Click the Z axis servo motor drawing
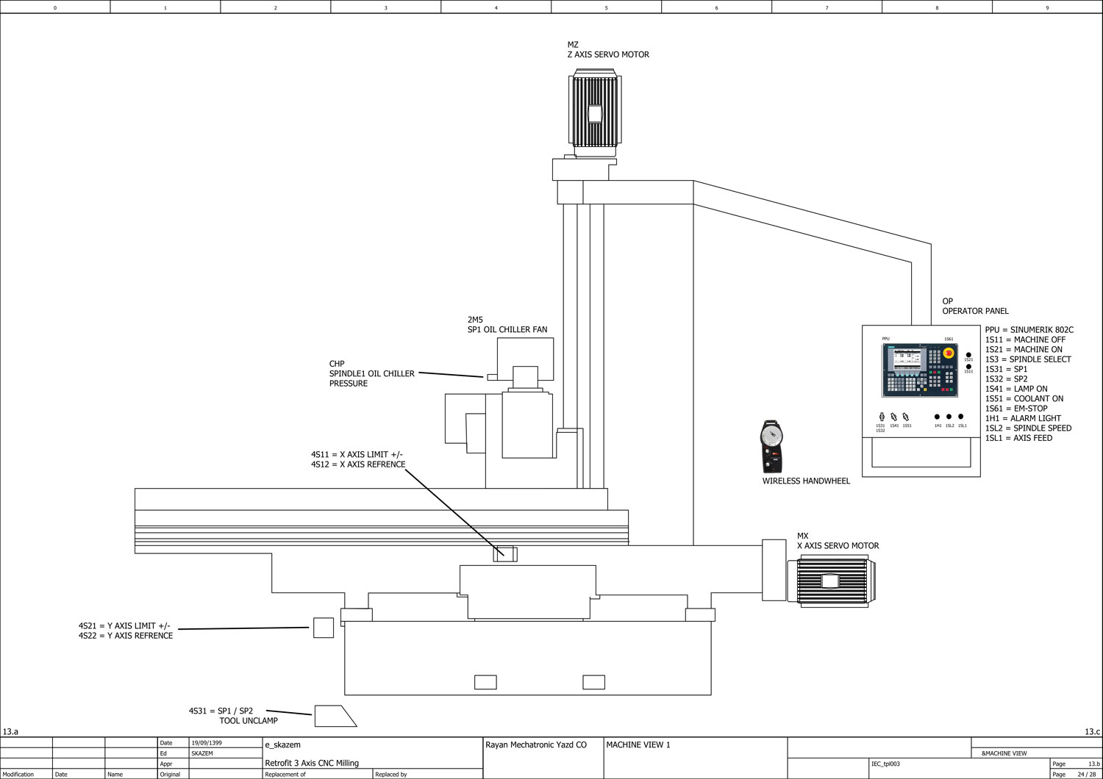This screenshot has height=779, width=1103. (595, 112)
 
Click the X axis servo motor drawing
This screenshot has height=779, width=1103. (829, 581)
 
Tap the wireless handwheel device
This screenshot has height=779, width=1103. (771, 445)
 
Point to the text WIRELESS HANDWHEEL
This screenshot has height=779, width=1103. (806, 481)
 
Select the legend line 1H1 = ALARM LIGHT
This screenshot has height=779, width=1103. (1023, 418)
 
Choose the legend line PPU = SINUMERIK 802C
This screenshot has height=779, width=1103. (1029, 330)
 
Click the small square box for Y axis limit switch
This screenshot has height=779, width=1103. (324, 628)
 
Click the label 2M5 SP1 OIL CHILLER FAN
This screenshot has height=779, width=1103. (507, 325)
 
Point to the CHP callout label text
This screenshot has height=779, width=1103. (371, 373)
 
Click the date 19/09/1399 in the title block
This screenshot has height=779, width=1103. (207, 743)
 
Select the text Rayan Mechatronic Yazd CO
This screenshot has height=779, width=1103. (536, 745)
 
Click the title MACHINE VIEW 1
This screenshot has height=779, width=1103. (638, 745)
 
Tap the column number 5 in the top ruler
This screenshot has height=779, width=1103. (607, 7)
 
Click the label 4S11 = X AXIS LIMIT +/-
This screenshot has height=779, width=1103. (357, 454)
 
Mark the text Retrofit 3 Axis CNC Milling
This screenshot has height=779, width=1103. (312, 764)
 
